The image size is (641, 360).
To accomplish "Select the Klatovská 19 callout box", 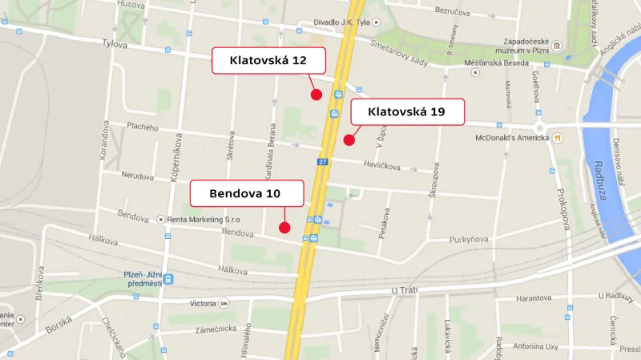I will point(407,111).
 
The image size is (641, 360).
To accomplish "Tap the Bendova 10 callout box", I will point(246,193).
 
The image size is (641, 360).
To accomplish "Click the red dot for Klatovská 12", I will point(316,95).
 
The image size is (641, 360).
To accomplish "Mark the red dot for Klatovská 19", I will point(349,140).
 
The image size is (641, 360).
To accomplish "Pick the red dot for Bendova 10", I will point(284,228).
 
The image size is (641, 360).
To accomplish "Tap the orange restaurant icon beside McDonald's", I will point(557,138).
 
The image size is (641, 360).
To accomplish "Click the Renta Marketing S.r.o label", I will point(204,219).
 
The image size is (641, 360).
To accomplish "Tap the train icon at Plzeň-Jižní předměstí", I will point(168,279).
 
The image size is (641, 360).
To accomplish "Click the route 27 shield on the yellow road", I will point(321,163).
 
